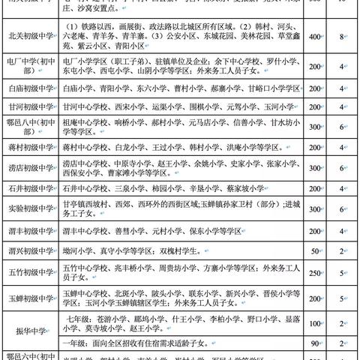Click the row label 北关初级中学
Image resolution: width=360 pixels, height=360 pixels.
pos(28,34)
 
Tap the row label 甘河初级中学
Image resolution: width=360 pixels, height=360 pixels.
pos(28,107)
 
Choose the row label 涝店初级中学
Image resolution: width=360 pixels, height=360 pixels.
pos(28,168)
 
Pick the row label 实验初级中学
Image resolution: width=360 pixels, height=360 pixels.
pos(28,208)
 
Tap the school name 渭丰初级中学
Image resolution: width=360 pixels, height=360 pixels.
pos(28,230)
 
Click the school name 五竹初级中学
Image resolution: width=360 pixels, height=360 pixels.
pos(28,272)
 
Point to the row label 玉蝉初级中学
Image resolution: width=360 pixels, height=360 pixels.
pos(28,298)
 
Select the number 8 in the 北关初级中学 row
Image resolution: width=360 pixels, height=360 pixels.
pos(341,34)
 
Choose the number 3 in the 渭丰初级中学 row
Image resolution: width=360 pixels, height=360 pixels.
pos(341,230)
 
